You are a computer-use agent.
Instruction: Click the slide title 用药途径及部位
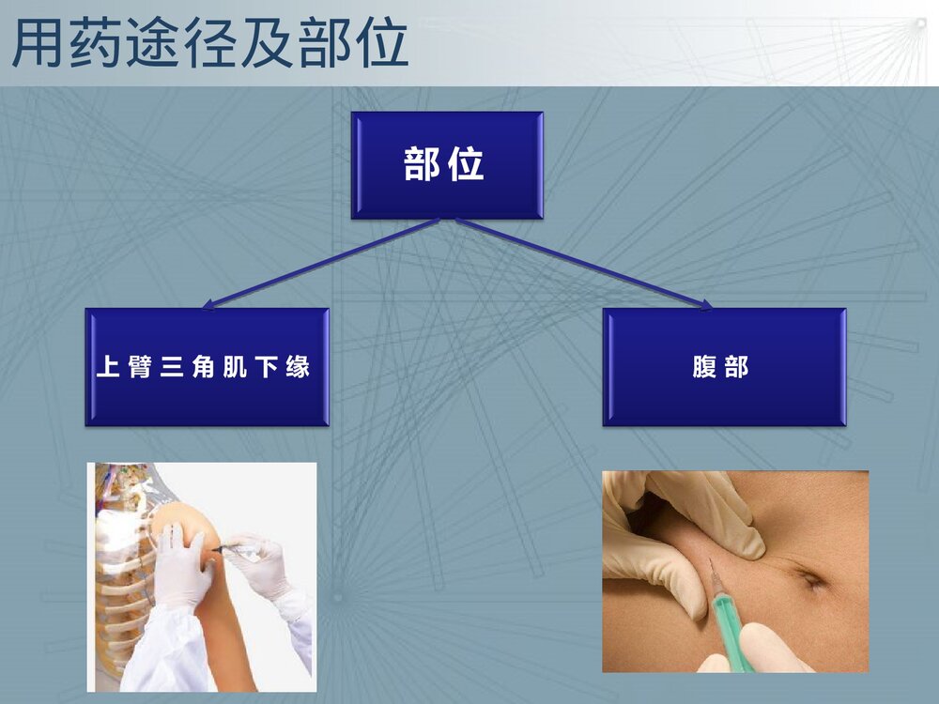point(210,43)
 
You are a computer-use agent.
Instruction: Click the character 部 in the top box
point(422,165)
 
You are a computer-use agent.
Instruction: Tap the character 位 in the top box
point(466,165)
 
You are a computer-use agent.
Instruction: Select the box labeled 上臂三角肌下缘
point(207,367)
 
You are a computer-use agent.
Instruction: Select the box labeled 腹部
point(724,367)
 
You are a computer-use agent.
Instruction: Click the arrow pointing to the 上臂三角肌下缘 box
point(319,264)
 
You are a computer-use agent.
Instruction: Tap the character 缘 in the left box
point(299,367)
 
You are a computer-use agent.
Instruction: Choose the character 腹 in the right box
point(704,367)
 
